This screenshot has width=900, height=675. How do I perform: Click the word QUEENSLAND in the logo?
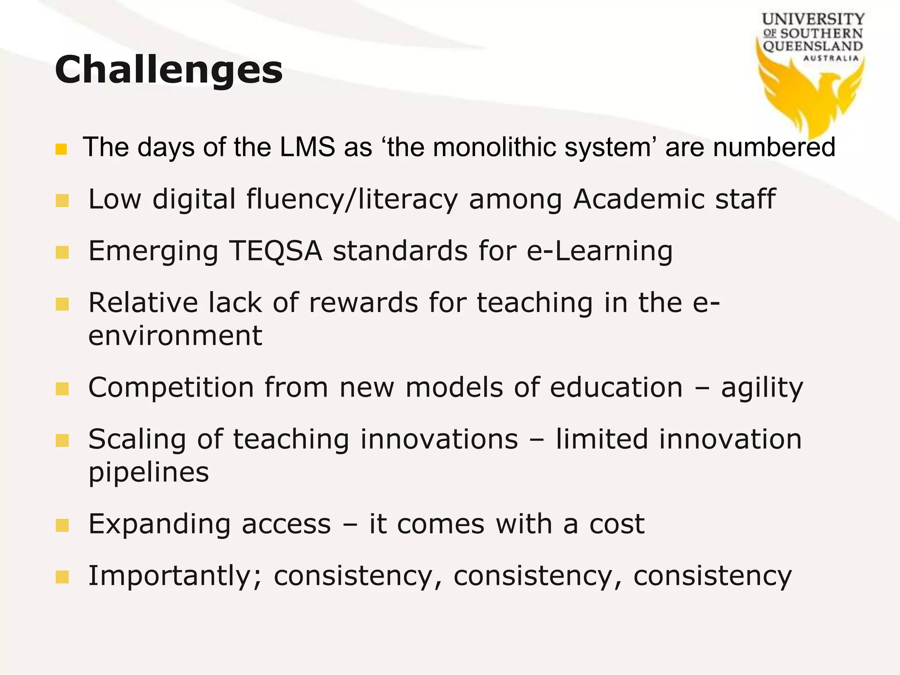click(x=813, y=46)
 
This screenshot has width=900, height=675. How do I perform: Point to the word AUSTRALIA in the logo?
click(x=831, y=58)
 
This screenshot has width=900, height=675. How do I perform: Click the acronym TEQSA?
click(x=276, y=251)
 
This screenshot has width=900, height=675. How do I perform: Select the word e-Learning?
click(x=599, y=251)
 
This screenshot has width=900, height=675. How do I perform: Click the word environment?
click(x=175, y=336)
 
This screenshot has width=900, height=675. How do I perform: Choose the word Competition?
click(x=171, y=388)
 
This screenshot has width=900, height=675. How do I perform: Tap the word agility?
click(x=762, y=388)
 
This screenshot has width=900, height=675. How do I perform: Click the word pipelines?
click(x=149, y=473)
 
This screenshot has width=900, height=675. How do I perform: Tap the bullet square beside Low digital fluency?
click(x=62, y=201)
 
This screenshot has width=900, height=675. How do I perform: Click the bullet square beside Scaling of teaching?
click(x=62, y=440)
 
